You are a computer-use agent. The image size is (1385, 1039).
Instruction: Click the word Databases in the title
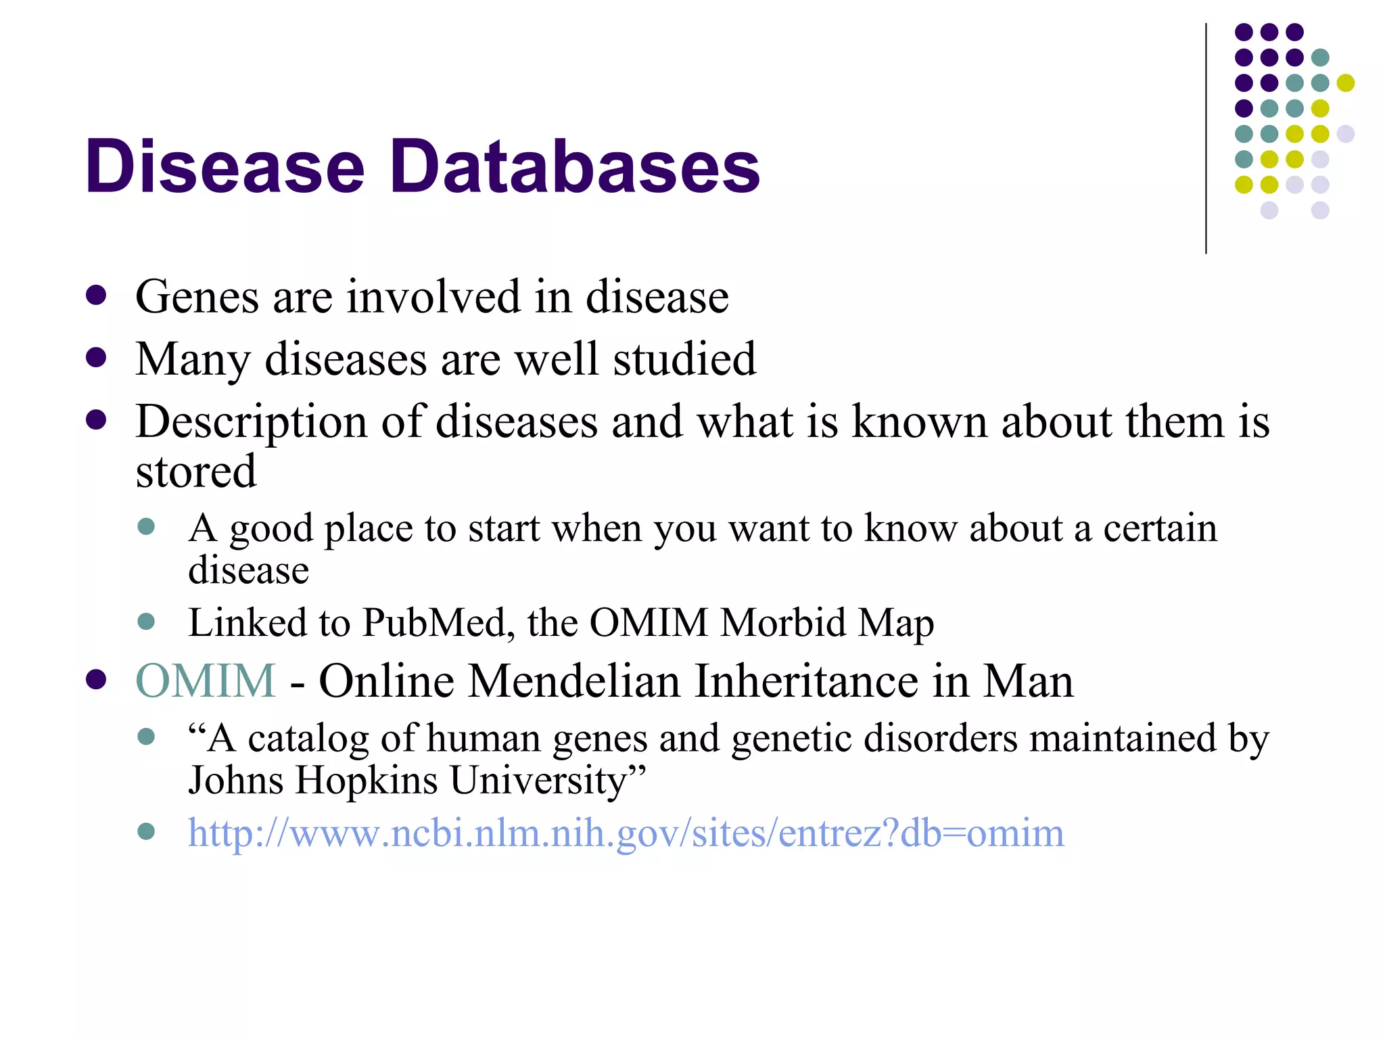click(575, 166)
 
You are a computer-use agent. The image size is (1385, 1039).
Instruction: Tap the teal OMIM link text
click(206, 680)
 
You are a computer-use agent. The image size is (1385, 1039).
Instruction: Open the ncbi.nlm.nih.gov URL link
click(626, 833)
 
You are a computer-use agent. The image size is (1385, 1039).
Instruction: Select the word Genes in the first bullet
click(197, 298)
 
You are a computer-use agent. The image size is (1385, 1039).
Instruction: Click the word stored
click(196, 471)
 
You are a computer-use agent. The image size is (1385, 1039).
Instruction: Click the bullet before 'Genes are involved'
click(96, 296)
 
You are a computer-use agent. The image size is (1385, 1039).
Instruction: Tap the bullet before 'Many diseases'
click(96, 358)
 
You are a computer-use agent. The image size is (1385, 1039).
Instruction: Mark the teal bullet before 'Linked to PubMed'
click(146, 621)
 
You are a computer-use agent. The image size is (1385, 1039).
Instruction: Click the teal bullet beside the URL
click(146, 831)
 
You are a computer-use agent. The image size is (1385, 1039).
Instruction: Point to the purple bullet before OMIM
click(96, 679)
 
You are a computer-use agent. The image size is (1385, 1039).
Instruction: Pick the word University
click(544, 780)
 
